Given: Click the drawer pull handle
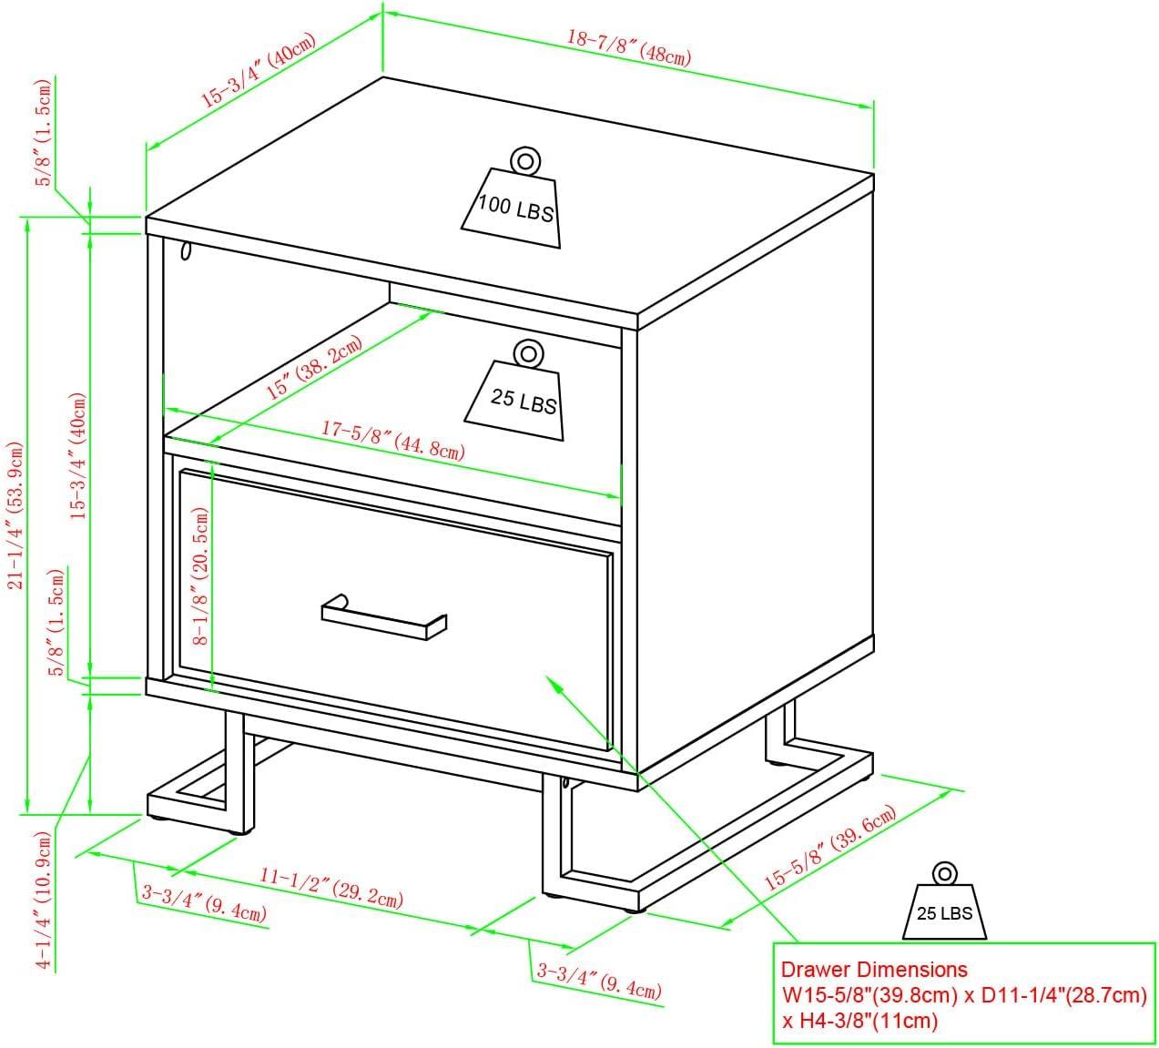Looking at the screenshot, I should click(384, 616).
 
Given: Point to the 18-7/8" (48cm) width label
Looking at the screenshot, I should click(628, 47).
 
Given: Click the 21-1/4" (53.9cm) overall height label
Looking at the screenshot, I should click(15, 514).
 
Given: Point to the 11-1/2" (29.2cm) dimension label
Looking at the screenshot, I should click(330, 887).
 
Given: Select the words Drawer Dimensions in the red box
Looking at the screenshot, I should click(874, 970).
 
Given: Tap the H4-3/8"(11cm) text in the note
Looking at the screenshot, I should click(859, 1021).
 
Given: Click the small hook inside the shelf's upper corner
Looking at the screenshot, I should click(186, 249).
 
